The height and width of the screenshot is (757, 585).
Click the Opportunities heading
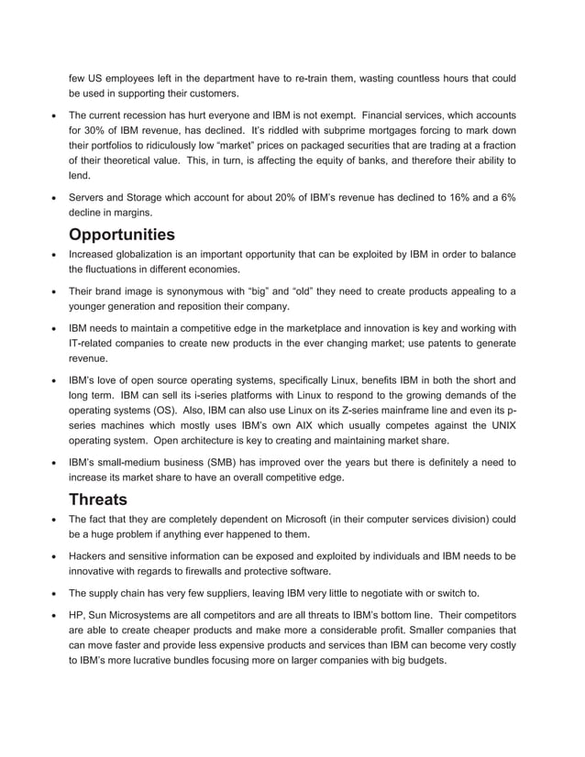coord(135,234)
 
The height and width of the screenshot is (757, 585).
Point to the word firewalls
coord(219,571)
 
